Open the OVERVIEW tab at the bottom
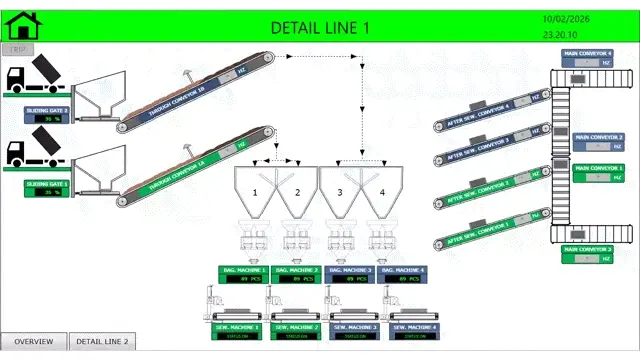(x=34, y=342)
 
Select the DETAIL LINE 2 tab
(x=102, y=342)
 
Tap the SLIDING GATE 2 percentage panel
(x=47, y=115)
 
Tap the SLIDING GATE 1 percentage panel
(x=47, y=189)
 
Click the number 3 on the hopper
(x=340, y=191)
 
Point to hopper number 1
(x=255, y=191)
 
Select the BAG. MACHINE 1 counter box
(x=243, y=275)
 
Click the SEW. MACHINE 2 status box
(x=297, y=331)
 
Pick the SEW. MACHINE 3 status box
(x=355, y=331)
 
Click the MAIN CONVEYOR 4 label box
(x=586, y=57)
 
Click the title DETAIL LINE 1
(x=320, y=27)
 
